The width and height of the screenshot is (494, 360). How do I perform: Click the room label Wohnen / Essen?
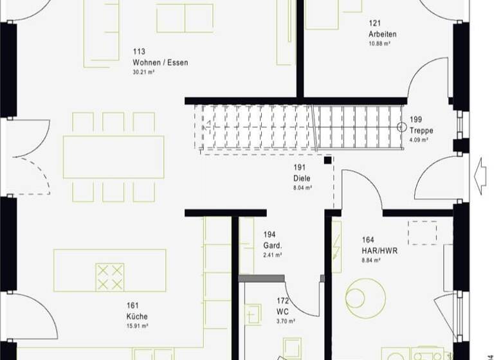pos(160,62)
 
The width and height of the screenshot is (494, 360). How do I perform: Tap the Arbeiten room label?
pos(382,34)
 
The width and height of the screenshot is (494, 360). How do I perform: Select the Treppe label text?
pos(421,130)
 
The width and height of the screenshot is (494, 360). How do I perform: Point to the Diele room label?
pos(302,178)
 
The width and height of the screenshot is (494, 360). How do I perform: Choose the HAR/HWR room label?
pos(380,250)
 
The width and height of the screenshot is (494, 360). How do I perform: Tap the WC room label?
pos(282,311)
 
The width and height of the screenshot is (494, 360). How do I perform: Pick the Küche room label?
pos(137,316)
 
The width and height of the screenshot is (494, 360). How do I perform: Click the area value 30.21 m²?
pos(143,73)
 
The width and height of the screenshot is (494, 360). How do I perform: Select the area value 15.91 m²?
pos(138,326)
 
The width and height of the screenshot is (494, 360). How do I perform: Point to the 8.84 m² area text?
pos(371,260)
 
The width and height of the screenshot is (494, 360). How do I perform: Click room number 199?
pos(416,120)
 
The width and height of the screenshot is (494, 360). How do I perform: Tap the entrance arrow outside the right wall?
pos(479,174)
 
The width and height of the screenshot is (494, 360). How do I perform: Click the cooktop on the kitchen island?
pos(109,276)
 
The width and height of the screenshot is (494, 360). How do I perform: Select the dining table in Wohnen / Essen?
pos(113,156)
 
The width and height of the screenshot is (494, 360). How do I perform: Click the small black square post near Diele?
pos(328,160)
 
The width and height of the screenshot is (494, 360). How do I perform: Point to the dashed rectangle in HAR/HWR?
pos(423,233)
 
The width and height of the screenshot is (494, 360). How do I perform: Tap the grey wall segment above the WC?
pos(261,278)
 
